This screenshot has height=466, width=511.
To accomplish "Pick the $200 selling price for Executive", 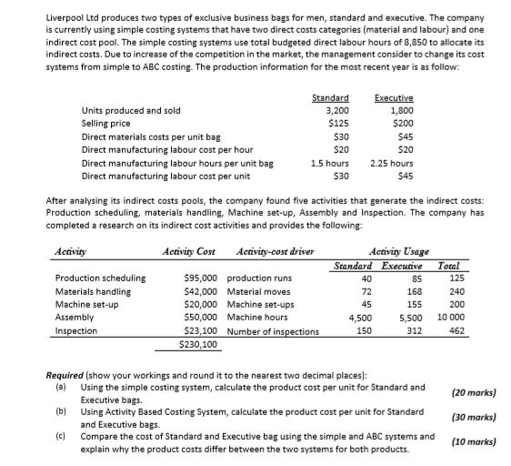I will coord(401,123).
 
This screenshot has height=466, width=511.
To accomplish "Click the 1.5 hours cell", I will coord(331,163).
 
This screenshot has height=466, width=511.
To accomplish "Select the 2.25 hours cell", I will coord(393,163).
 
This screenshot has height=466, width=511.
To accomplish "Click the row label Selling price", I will coord(105,123).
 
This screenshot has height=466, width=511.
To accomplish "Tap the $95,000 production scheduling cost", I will coord(200,279).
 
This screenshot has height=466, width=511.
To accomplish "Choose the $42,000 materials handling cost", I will coord(200,291).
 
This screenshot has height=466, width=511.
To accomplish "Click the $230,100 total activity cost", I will coord(199,345).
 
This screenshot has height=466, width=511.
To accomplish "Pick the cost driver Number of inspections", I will coord(273,331).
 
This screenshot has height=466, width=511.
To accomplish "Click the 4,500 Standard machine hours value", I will coord(360,319).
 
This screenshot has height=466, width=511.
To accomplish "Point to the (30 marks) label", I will coord(472,417).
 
